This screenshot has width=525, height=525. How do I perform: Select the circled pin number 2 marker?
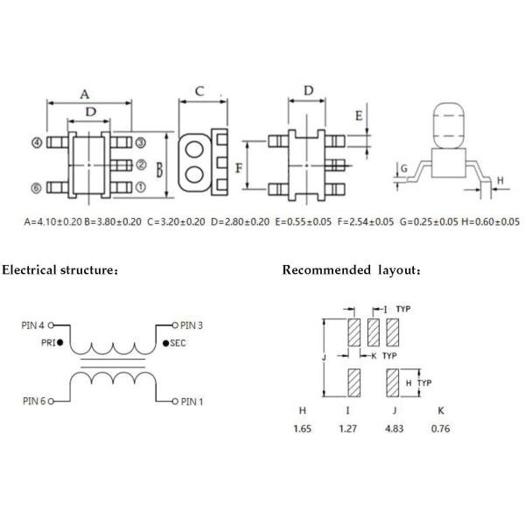(x=141, y=164)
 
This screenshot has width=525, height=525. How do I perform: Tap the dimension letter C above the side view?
(x=199, y=90)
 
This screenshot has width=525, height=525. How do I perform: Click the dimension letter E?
(x=359, y=115)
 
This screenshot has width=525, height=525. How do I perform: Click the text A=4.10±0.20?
(x=52, y=222)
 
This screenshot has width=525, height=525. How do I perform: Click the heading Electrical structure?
(x=59, y=269)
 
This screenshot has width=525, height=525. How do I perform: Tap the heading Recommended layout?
(x=352, y=269)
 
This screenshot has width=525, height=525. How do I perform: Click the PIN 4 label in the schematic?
(x=32, y=325)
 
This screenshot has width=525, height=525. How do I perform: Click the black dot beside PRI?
(x=59, y=342)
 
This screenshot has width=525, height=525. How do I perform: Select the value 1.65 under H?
(x=302, y=429)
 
